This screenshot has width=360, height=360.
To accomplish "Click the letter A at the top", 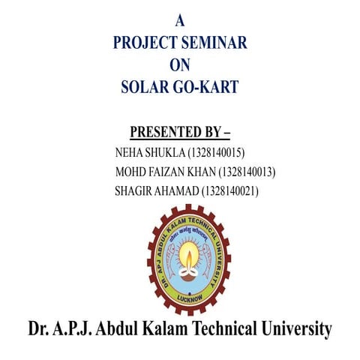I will (179, 21).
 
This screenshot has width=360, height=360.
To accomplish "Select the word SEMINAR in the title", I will (216, 43).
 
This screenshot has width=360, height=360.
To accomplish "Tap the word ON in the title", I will (180, 65).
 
